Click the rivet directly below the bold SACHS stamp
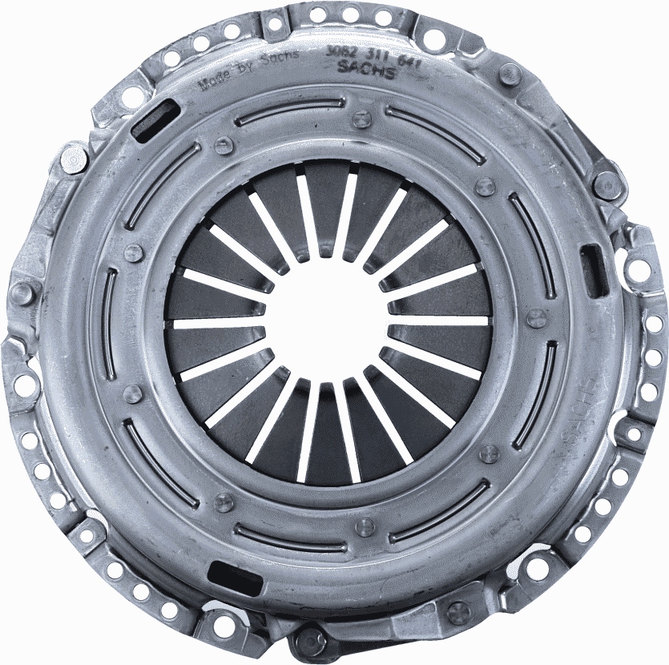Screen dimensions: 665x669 coord(363,120)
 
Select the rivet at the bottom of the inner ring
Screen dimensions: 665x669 coord(365,526)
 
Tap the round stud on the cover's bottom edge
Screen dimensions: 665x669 coord(308,640)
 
